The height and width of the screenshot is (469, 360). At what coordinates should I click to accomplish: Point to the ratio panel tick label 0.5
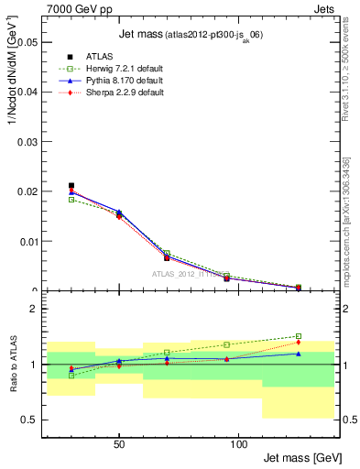click(x=29, y=420)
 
